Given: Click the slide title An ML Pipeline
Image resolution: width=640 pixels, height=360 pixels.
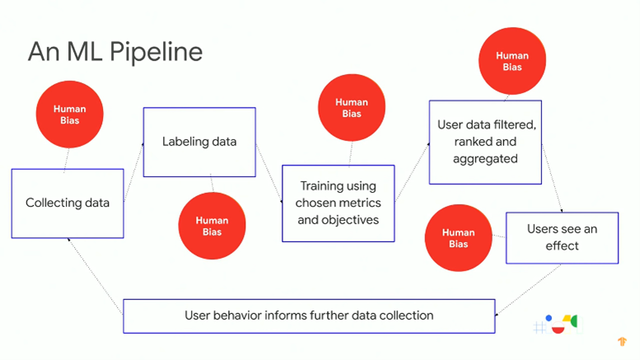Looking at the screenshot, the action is click(x=115, y=52).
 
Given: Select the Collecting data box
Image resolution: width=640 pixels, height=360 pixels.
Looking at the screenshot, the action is click(x=68, y=203).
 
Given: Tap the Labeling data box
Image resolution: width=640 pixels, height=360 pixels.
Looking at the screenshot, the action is click(x=199, y=142).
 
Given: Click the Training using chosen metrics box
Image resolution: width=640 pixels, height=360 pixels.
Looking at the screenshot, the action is click(x=339, y=203).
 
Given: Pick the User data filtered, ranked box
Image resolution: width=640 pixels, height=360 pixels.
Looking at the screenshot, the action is click(x=485, y=142).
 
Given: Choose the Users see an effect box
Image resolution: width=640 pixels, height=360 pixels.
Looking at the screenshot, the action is click(x=562, y=237).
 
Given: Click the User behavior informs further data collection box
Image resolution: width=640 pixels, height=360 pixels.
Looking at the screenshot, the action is click(x=309, y=316).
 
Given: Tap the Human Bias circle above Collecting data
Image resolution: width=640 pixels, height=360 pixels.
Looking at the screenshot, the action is click(x=70, y=115).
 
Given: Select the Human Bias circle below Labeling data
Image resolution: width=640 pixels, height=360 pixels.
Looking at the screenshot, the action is click(x=212, y=226).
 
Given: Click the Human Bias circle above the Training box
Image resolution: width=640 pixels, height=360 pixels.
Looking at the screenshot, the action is click(x=352, y=108).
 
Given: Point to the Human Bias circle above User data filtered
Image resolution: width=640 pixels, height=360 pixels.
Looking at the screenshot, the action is click(x=512, y=61).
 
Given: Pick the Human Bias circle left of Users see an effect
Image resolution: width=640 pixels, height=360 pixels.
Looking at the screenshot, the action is click(x=458, y=238).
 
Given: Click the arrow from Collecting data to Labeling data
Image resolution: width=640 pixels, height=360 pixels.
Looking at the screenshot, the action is click(x=133, y=172).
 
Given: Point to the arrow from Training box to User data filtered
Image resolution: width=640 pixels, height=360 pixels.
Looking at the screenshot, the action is click(x=412, y=172).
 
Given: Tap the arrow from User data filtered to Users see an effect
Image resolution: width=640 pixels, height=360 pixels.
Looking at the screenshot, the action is click(x=552, y=178).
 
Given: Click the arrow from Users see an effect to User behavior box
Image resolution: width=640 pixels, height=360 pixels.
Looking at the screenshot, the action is click(x=528, y=290).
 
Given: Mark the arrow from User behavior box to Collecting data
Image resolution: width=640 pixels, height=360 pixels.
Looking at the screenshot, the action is click(x=96, y=276).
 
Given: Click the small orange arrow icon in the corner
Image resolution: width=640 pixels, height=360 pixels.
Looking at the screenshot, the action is click(x=622, y=341).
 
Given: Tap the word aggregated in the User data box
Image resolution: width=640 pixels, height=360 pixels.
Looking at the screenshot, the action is click(x=485, y=159).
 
